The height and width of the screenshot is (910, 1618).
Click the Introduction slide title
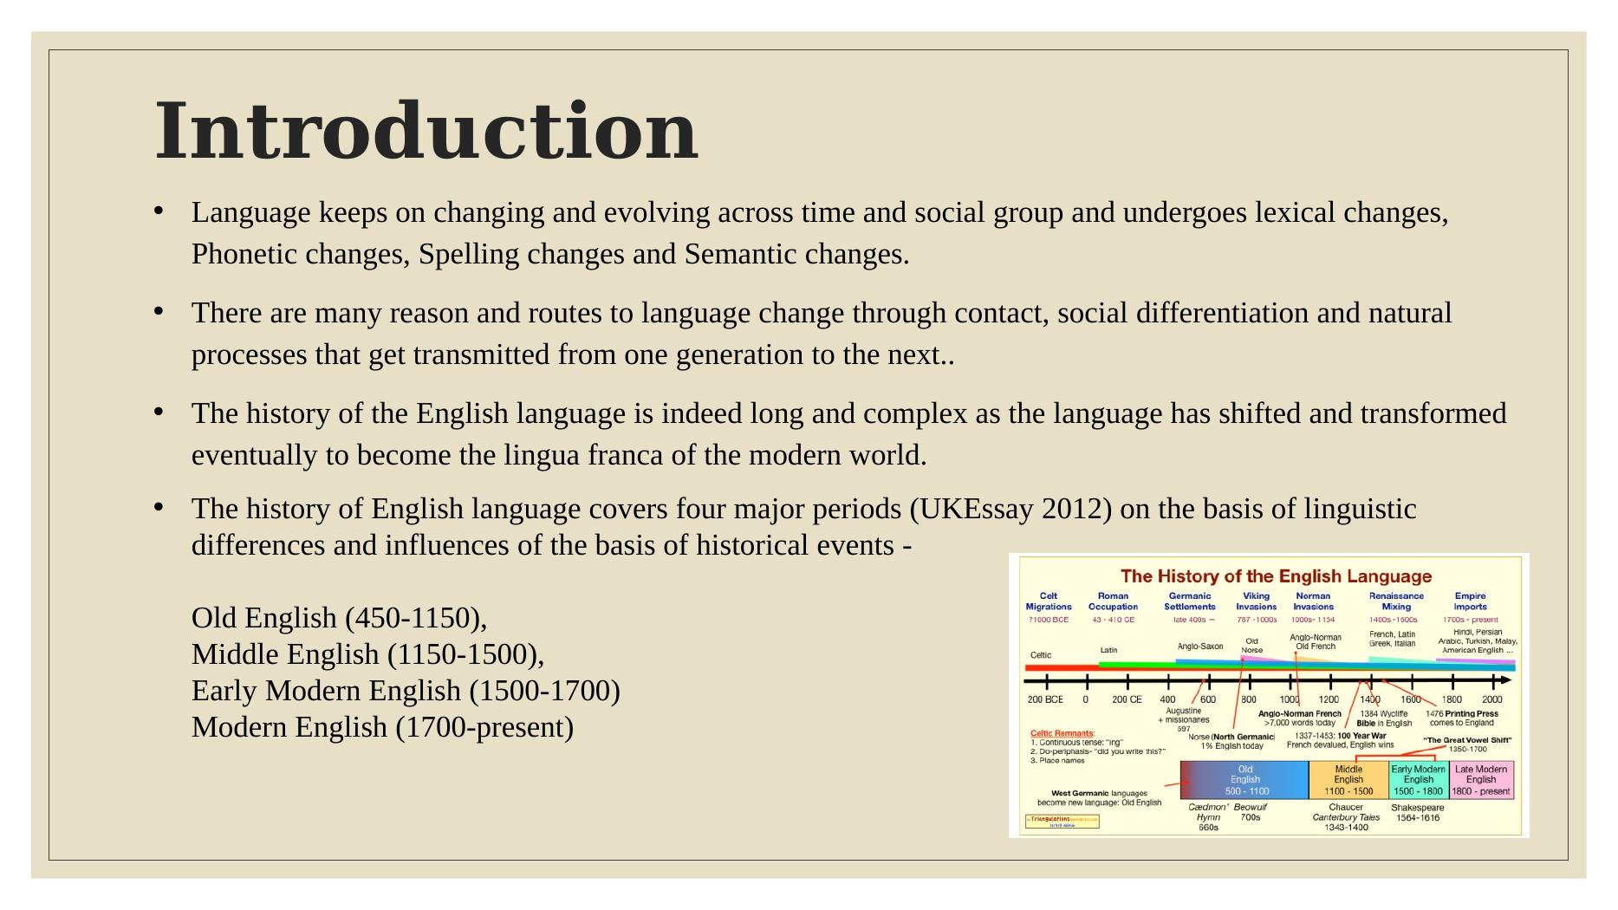426,132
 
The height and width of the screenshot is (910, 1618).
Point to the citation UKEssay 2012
1010,509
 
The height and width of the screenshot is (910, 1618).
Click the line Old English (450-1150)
339,618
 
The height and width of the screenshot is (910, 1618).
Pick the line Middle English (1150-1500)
367,654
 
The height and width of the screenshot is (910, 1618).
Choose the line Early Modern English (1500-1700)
406,691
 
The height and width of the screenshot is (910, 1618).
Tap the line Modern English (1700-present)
382,727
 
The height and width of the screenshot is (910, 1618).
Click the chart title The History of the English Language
1276,576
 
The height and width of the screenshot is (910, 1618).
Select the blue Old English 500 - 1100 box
1245,780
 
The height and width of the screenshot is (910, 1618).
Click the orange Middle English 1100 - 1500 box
1348,780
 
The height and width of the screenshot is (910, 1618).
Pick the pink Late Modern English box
1481,780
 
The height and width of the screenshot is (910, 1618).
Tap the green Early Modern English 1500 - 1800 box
1418,780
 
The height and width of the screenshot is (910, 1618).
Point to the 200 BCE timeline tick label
1045,699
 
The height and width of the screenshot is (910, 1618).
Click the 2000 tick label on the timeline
1491,699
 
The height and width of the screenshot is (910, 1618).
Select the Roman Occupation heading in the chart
1113,601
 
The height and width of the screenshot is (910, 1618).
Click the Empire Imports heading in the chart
1470,601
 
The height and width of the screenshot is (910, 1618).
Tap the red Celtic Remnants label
1062,733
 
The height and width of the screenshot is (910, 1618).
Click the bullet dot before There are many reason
159,310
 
